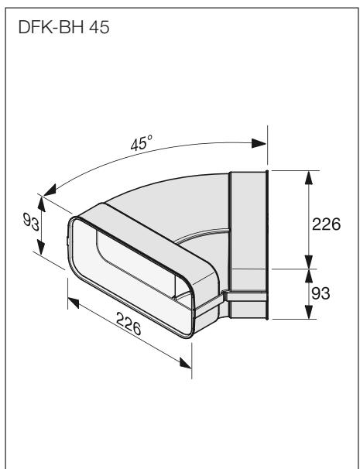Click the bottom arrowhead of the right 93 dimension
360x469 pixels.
[x=309, y=313]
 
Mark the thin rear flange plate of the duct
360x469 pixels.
[x=266, y=244]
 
